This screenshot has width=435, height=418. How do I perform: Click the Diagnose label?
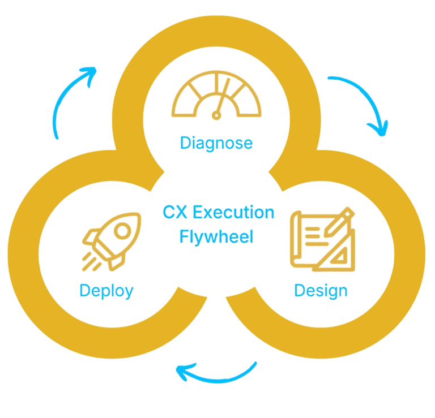(x=216, y=143)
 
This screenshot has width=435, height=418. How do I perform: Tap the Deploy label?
(x=106, y=291)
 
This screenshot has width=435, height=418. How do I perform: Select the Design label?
(x=321, y=291)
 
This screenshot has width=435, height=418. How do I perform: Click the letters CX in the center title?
(x=176, y=213)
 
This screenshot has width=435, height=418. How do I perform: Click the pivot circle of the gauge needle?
(x=215, y=115)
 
